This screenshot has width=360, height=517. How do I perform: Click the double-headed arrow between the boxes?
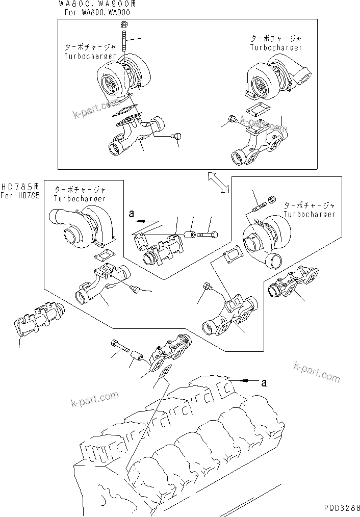tap(218, 183)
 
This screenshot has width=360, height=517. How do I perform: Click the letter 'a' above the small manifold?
tap(132, 215)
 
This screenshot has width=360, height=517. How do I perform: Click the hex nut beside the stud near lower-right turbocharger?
tap(272, 198)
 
